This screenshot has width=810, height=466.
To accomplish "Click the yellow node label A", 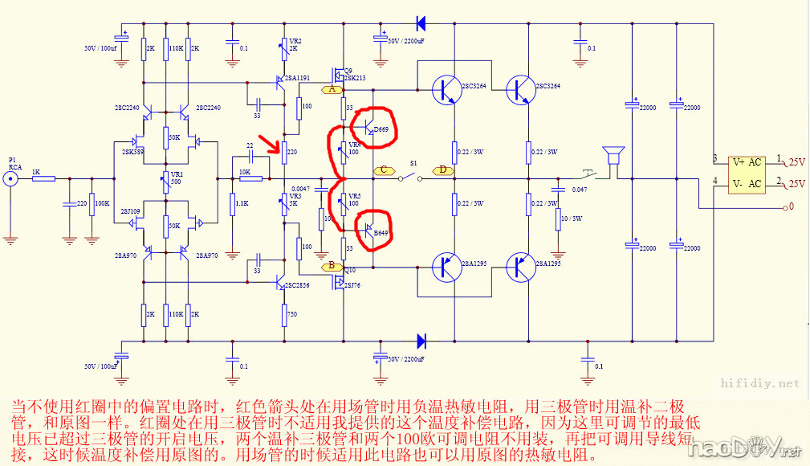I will pyautogui.click(x=332, y=89).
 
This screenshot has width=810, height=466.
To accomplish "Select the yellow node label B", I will pyautogui.click(x=332, y=265).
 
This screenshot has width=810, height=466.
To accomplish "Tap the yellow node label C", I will pyautogui.click(x=384, y=170).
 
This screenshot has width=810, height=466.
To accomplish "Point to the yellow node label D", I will pyautogui.click(x=442, y=170).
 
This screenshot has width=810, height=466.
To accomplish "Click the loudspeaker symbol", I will pyautogui.click(x=615, y=155).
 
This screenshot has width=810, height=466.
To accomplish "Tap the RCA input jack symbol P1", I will pyautogui.click(x=10, y=178).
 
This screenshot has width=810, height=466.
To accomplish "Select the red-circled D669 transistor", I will pyautogui.click(x=373, y=127).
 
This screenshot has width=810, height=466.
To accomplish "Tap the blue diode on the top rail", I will pyautogui.click(x=420, y=23).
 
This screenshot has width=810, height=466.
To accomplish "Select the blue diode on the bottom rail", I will pyautogui.click(x=420, y=341).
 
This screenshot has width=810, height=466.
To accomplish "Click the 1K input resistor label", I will pyautogui.click(x=36, y=172).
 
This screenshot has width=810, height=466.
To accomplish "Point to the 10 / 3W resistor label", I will pyautogui.click(x=573, y=219).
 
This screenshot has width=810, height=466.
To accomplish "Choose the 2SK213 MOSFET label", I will pyautogui.click(x=354, y=78).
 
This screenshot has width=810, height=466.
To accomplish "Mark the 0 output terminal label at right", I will pyautogui.click(x=791, y=207).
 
